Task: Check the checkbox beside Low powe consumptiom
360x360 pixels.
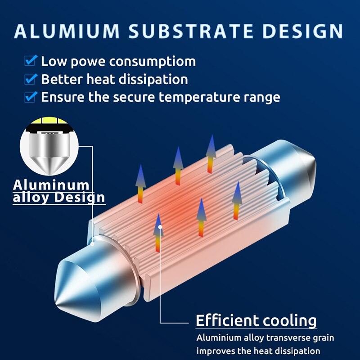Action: (x=31, y=60)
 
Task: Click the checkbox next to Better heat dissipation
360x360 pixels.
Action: (x=31, y=79)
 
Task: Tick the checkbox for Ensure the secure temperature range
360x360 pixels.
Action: (x=31, y=96)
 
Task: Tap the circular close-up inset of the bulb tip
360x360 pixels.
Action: (x=49, y=146)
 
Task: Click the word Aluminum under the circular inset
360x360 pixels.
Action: (x=51, y=184)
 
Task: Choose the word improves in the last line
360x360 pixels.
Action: (x=214, y=351)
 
